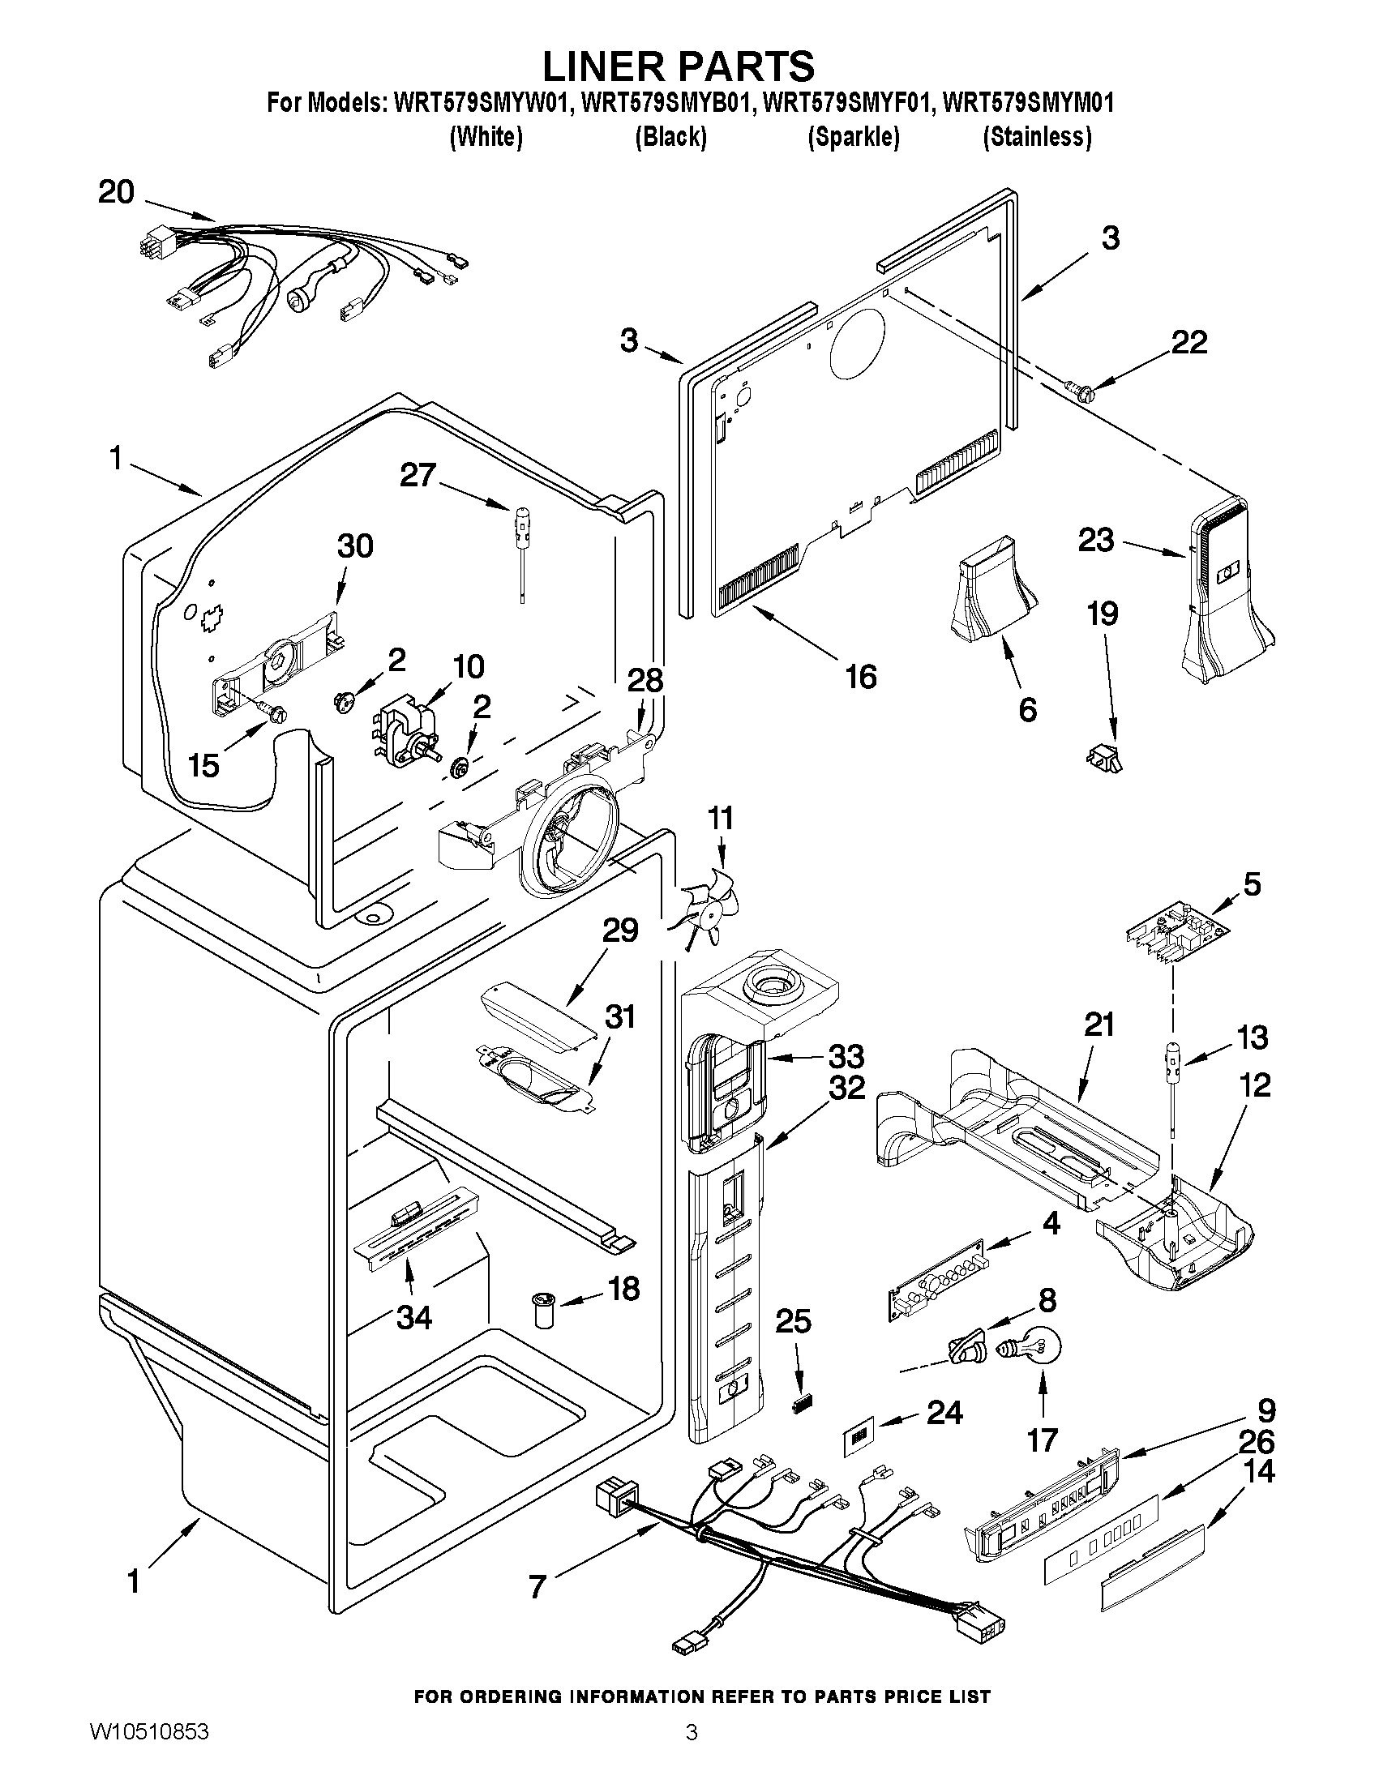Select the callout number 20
(x=116, y=193)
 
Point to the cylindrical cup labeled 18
(x=543, y=1308)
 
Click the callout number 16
(x=860, y=676)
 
